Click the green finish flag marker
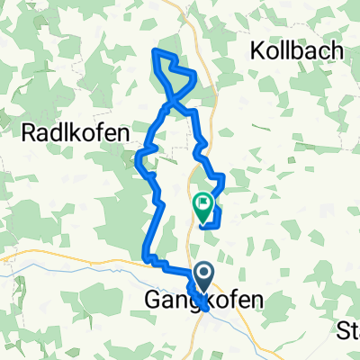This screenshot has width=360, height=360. click(x=202, y=206)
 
